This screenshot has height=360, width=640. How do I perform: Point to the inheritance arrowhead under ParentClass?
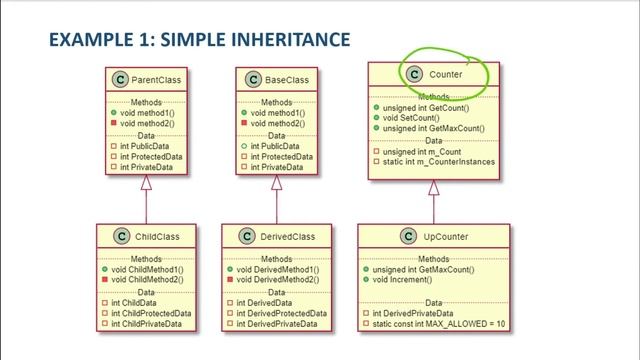(x=147, y=180)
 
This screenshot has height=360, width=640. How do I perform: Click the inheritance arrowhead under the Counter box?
(x=433, y=185)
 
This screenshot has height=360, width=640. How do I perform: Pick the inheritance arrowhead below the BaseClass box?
(x=279, y=180)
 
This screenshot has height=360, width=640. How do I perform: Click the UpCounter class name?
(x=443, y=237)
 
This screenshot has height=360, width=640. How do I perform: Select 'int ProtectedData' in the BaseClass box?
(x=281, y=155)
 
